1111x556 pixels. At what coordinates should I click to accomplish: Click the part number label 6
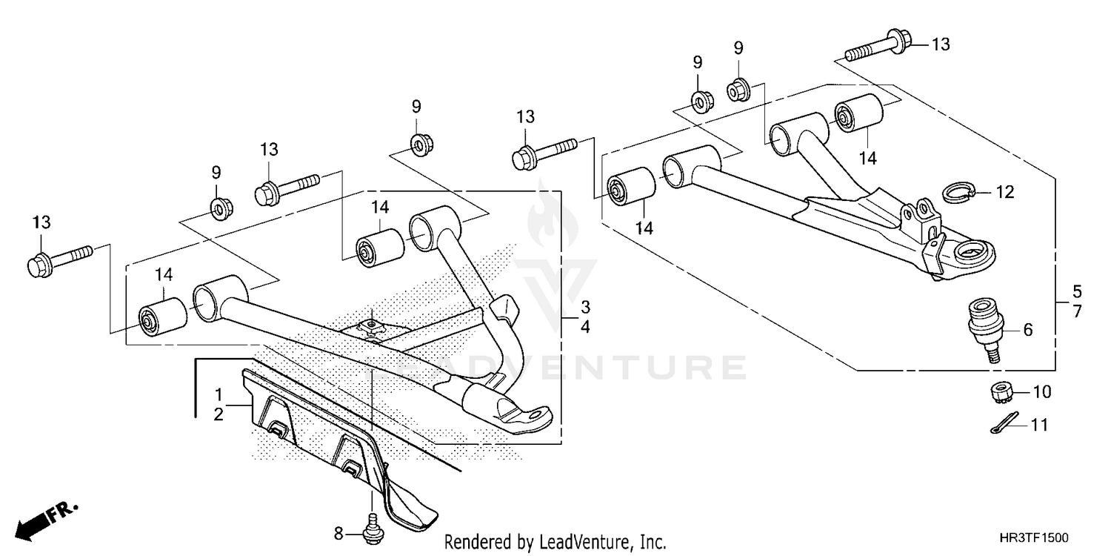(x=1027, y=331)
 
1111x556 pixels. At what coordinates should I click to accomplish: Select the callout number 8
(x=339, y=532)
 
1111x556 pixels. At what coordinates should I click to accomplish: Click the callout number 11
(x=1040, y=426)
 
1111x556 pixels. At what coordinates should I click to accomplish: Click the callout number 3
(x=584, y=307)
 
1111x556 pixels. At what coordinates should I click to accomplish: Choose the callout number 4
(x=584, y=326)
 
